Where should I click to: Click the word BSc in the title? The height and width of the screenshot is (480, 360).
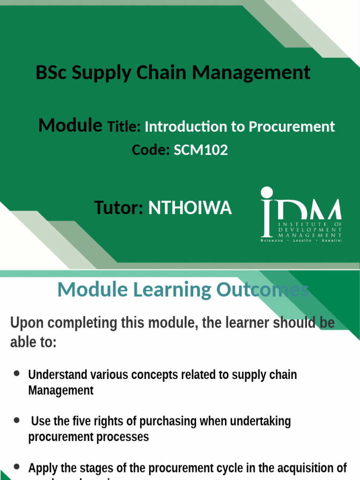click(51, 73)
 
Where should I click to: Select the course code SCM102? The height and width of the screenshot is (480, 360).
click(201, 150)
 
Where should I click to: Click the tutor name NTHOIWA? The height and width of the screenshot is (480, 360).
click(190, 208)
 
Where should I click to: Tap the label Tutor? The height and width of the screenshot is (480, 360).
click(119, 208)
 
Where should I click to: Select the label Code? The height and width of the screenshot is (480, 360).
click(150, 150)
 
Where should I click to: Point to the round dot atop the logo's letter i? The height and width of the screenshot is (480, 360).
click(267, 193)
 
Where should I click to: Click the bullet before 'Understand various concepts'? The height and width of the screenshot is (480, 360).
click(17, 374)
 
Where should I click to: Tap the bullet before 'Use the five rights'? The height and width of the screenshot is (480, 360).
click(17, 420)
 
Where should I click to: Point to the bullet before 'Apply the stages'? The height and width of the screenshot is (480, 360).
click(17, 466)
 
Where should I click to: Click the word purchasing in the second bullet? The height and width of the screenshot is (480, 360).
click(173, 421)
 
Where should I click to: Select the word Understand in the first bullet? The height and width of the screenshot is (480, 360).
click(58, 375)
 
